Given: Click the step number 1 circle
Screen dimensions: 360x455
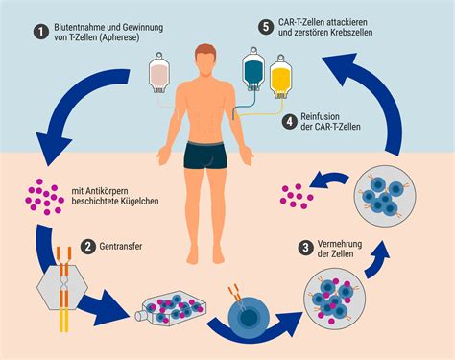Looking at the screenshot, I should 40,31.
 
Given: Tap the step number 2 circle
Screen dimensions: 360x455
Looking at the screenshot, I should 88,247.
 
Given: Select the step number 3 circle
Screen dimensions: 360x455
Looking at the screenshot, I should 306,247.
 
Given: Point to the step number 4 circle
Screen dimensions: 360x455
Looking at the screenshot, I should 289,122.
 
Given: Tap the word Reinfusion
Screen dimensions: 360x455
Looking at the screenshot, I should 325,116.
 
